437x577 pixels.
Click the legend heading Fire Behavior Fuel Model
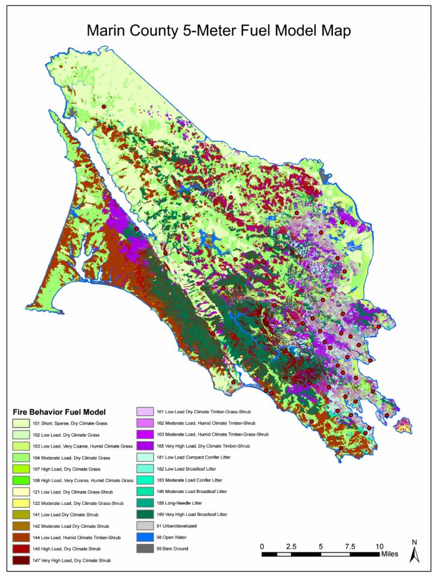[x=59, y=412]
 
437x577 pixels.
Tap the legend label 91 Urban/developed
[x=177, y=526]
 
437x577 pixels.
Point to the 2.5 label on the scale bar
[x=292, y=546]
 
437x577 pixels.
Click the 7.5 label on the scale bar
[x=351, y=546]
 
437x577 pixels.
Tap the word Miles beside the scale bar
[x=389, y=554]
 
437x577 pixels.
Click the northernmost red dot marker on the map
[x=104, y=106]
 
